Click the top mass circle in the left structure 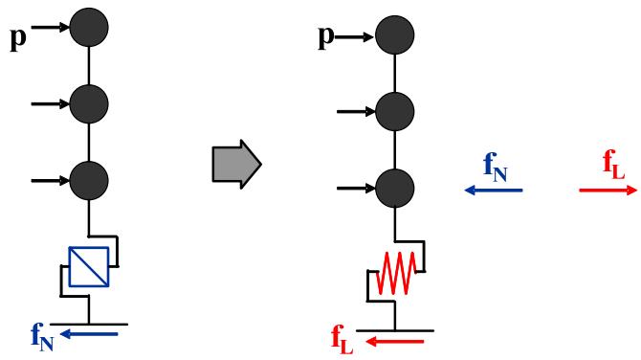89,27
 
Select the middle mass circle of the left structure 89,104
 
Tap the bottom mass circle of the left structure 89,180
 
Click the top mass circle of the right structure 395,34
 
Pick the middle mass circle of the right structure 395,112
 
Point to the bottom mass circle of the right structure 395,189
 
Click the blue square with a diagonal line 89,267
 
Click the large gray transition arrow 236,165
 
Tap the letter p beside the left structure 18,39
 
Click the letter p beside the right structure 326,36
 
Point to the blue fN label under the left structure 42,337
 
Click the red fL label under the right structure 343,339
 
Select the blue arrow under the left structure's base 89,334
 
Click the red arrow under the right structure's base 394,341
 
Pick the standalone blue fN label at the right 495,167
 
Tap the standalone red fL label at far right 614,165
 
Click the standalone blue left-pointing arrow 494,190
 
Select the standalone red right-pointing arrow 608,190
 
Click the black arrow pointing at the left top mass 51,28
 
